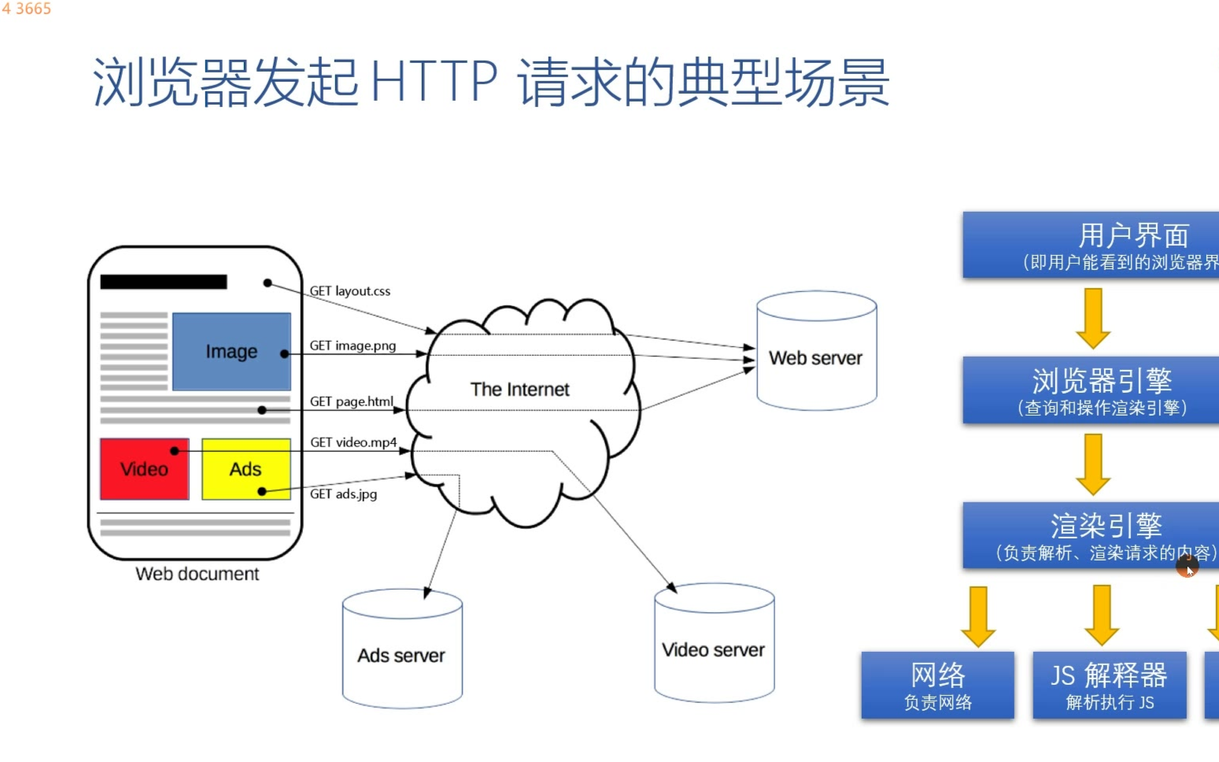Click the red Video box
point(144,469)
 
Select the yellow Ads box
point(246,469)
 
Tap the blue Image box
point(231,351)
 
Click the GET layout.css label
point(349,291)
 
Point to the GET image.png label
point(353,346)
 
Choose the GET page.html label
point(351,401)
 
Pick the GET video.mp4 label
point(353,442)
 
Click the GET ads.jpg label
point(343,494)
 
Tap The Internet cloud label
point(519,390)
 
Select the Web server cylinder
point(816,358)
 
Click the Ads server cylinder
point(401,655)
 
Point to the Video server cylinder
point(714,649)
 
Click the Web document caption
point(197,574)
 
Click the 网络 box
point(937,685)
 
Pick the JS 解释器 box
point(1109,685)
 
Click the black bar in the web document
point(164,282)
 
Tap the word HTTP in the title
point(434,81)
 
